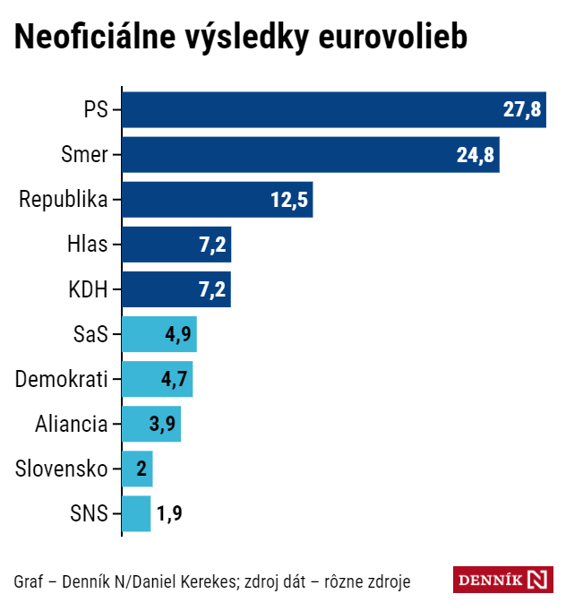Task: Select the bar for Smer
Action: (x=310, y=155)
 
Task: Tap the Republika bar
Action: (x=216, y=200)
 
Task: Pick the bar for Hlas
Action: (x=176, y=245)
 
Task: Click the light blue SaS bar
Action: (x=159, y=334)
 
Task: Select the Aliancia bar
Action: (x=150, y=424)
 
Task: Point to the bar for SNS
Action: (x=136, y=513)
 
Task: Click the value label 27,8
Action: (x=521, y=110)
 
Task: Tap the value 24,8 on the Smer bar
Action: (x=475, y=155)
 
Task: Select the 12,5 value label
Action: (x=289, y=200)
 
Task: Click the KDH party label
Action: (x=88, y=289)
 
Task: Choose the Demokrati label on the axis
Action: (x=61, y=379)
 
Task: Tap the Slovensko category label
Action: (x=61, y=469)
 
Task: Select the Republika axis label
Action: (x=63, y=200)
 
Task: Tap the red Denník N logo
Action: (x=502, y=581)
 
